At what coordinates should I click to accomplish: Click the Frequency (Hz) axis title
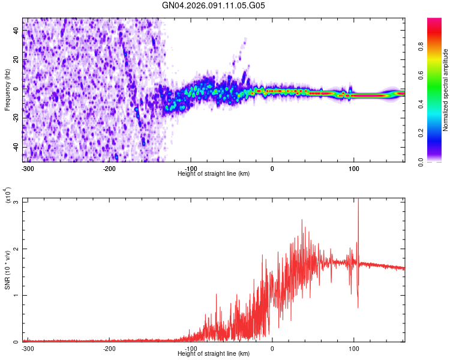(7, 90)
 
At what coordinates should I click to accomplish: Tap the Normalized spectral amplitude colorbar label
(446, 90)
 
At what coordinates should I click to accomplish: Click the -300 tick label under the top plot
(27, 169)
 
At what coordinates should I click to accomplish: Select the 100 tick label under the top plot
(353, 169)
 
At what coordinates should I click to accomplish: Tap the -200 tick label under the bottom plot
(109, 349)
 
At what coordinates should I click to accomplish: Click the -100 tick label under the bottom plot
(190, 349)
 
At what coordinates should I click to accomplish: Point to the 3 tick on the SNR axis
(17, 202)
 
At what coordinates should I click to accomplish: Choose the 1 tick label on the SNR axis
(17, 295)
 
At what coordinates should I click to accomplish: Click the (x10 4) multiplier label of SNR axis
(8, 196)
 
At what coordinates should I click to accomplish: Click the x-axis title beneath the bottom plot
(214, 354)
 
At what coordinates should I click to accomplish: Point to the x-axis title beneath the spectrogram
(214, 174)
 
